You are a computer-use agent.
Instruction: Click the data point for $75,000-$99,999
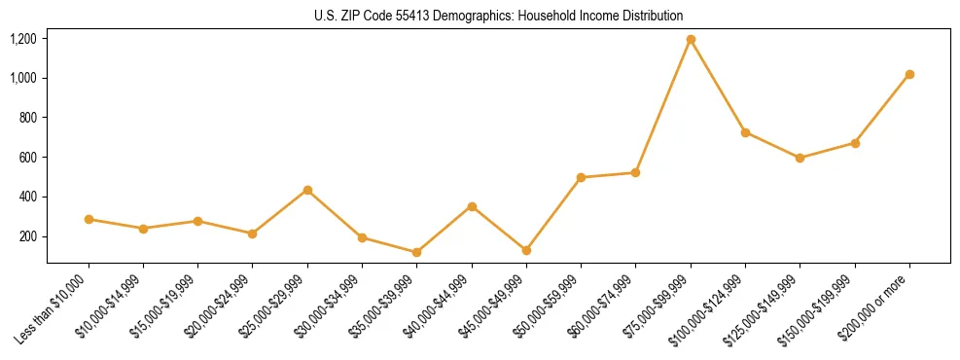pyautogui.click(x=691, y=39)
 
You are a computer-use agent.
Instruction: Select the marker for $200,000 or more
pyautogui.click(x=909, y=74)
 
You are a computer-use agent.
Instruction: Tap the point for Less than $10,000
pyautogui.click(x=89, y=219)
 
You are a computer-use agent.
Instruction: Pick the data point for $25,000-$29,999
pyautogui.click(x=307, y=190)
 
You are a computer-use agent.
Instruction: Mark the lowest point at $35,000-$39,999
pyautogui.click(x=417, y=252)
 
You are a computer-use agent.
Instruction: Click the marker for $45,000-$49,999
pyautogui.click(x=526, y=250)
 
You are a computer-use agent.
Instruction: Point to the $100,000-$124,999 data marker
pyautogui.click(x=745, y=132)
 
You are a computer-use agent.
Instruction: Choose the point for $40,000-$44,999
pyautogui.click(x=472, y=206)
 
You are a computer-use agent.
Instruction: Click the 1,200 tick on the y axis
pyautogui.click(x=23, y=39)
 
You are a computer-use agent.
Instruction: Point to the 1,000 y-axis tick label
pyautogui.click(x=23, y=78)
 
